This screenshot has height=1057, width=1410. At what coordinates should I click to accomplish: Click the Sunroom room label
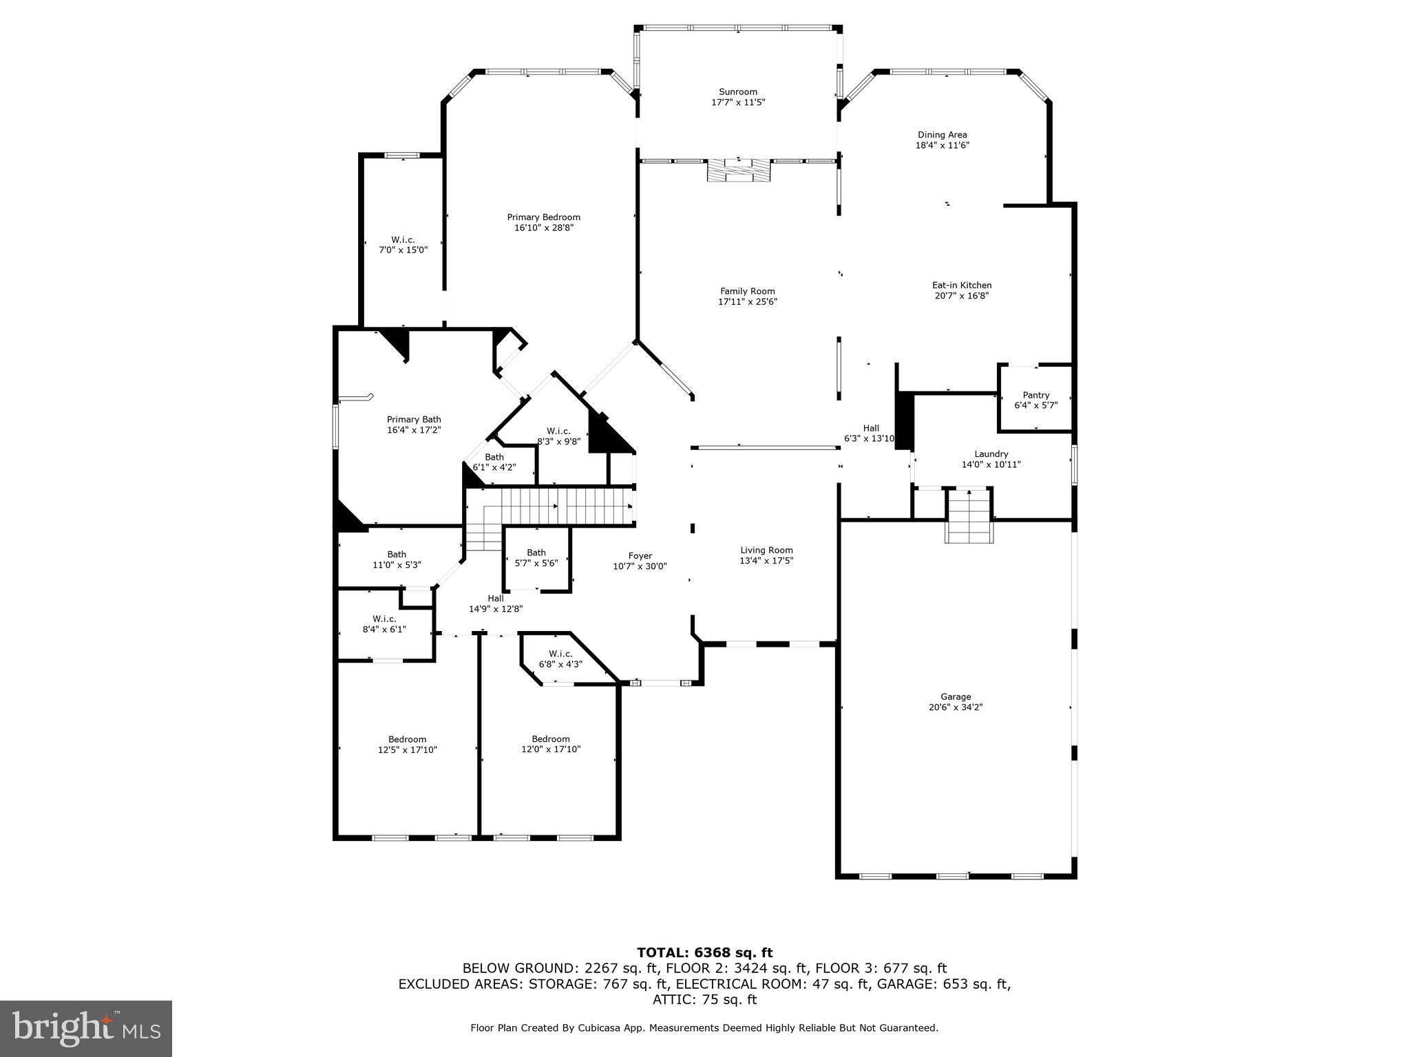pos(738,92)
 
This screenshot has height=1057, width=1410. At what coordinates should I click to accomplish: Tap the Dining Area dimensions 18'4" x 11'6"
pos(942,145)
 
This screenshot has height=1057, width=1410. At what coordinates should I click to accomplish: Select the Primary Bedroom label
pos(543,217)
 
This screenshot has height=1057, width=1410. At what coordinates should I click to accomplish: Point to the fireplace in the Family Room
pos(739,170)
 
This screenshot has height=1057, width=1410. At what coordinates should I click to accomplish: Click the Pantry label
pos(1035,395)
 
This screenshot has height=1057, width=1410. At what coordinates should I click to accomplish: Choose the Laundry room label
pos(991,454)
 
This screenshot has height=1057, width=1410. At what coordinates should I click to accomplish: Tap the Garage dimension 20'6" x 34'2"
pos(956,707)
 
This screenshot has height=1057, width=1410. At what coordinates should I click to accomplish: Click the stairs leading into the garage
pos(969,516)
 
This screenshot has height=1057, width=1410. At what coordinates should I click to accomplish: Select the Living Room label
pos(766,550)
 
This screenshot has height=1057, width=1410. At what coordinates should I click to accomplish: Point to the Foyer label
pos(640,556)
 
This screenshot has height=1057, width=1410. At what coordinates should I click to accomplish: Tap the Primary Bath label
pos(414,419)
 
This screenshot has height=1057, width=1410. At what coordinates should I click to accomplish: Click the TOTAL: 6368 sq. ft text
pos(704,952)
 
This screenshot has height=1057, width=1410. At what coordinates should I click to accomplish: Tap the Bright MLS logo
pos(86,1028)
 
